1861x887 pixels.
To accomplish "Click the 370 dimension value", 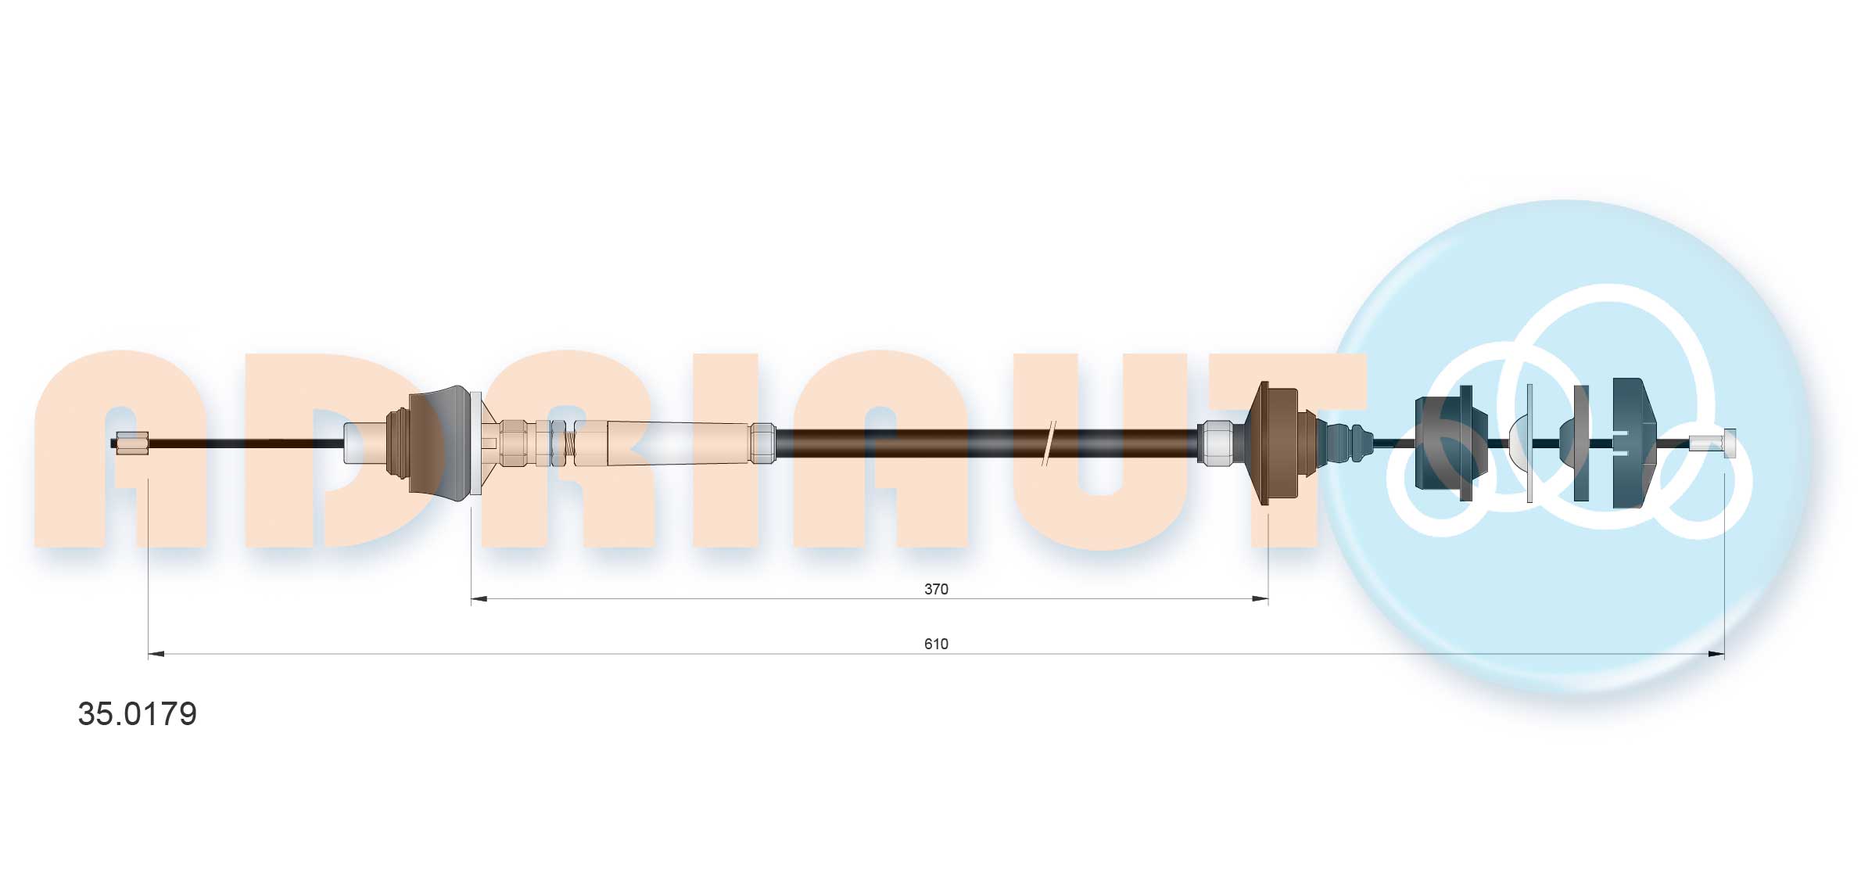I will tap(935, 589).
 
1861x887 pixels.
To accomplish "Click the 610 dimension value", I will tap(935, 644).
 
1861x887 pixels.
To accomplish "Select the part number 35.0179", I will tap(137, 714).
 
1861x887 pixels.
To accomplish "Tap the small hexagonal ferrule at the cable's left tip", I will tap(131, 443).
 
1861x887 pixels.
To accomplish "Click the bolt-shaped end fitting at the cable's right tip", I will tap(1713, 443).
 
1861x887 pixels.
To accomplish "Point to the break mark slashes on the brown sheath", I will tap(1049, 443).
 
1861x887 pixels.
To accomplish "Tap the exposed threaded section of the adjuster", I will tap(570, 443).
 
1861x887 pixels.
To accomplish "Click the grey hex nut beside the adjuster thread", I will tap(557, 443).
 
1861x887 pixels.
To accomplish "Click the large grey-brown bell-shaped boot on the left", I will tap(442, 443).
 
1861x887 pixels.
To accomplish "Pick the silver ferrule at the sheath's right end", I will tap(1214, 443).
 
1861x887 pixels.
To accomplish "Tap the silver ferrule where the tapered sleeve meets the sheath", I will tap(762, 443).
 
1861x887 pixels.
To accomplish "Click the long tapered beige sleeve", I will tap(665, 443).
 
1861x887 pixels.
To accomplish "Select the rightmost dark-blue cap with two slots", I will tap(1633, 443).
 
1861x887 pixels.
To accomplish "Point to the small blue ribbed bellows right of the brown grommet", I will tap(1349, 443).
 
